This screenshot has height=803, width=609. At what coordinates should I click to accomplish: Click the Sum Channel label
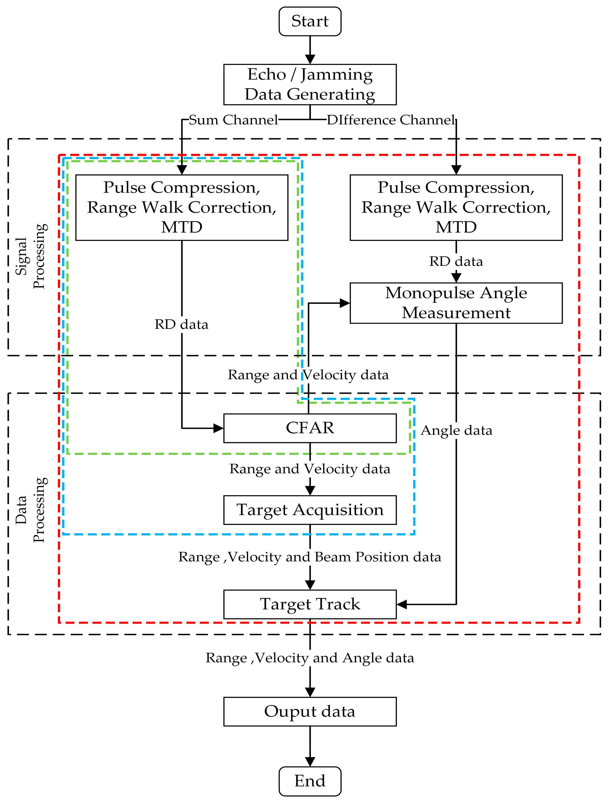(233, 120)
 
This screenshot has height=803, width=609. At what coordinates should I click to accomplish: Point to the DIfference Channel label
(391, 120)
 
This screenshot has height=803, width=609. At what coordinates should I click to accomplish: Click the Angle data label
(456, 430)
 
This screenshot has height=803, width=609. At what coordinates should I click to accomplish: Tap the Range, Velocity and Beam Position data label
(309, 557)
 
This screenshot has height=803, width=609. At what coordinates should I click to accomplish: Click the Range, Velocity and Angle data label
(309, 658)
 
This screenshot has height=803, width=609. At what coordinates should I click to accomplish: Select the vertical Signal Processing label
(31, 256)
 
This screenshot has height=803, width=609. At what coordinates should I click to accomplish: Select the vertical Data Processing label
(31, 510)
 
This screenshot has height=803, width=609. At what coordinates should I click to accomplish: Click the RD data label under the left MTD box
(181, 324)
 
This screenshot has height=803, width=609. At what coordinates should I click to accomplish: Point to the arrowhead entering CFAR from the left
(218, 428)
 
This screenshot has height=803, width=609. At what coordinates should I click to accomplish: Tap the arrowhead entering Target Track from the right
(402, 604)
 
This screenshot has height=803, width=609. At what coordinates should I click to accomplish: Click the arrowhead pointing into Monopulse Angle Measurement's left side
(344, 303)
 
